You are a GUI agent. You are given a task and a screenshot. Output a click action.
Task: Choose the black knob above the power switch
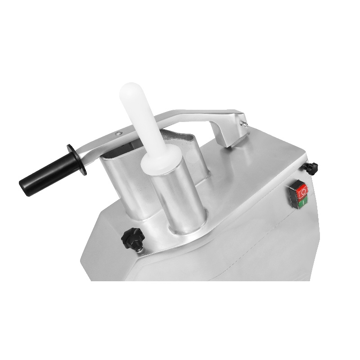[x=311, y=168]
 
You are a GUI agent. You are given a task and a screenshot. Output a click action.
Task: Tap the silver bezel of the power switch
[x=294, y=198]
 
